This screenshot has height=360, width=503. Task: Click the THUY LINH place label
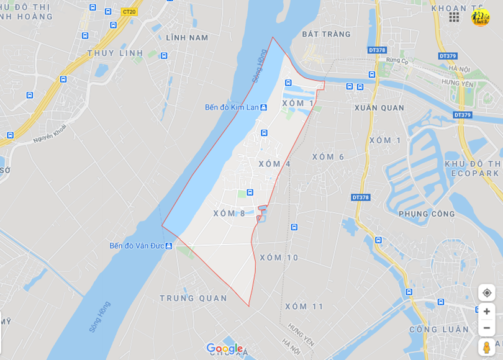(x=116, y=53)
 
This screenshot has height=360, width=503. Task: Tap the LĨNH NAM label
(x=187, y=38)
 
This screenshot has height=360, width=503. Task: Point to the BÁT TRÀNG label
(x=326, y=34)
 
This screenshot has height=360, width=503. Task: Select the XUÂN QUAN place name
(x=379, y=108)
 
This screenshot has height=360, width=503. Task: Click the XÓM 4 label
(x=274, y=164)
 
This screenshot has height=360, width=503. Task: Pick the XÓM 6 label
(x=328, y=157)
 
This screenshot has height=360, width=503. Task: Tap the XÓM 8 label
(x=229, y=214)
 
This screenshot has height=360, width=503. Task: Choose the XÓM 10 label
(x=279, y=258)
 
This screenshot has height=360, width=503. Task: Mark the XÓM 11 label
(x=304, y=307)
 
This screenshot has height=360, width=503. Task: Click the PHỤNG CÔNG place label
(x=427, y=214)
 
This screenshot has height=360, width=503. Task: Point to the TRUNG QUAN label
(x=193, y=299)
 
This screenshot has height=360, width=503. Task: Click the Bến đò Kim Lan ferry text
(x=232, y=107)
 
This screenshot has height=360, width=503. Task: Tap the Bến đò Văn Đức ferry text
(x=137, y=246)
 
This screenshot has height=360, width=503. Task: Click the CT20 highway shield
(x=129, y=11)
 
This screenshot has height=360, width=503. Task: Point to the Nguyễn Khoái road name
(x=50, y=133)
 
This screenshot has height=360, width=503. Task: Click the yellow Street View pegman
(x=486, y=346)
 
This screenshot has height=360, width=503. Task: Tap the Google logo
(x=224, y=349)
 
